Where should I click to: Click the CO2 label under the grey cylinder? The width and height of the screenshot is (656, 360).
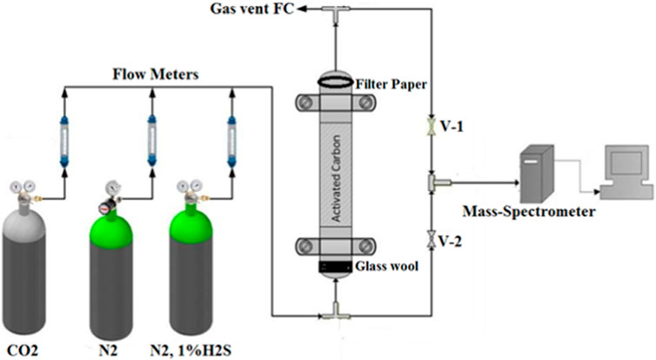18,351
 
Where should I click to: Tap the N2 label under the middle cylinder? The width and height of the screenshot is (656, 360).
110,351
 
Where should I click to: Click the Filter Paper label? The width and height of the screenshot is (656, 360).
387,83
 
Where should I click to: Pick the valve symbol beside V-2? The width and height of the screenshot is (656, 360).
432,237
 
